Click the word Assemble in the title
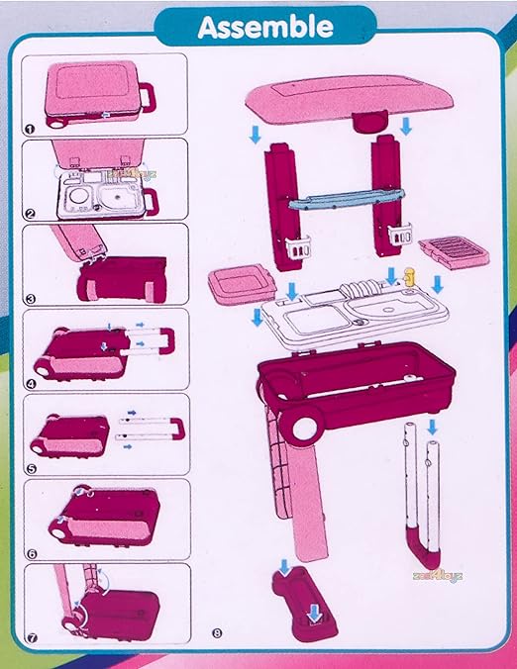coord(264,27)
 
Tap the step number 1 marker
coord(31,126)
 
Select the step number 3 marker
coord(31,296)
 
